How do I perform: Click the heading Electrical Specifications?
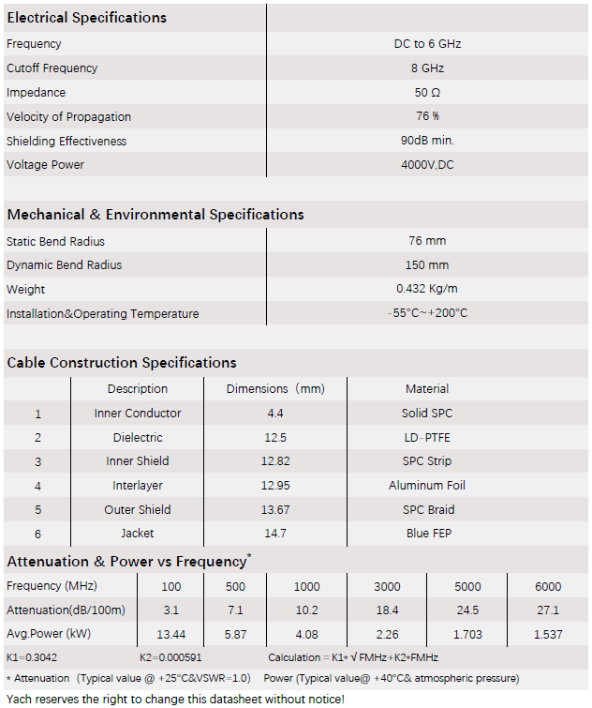point(86,18)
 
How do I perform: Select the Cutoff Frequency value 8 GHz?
point(427,68)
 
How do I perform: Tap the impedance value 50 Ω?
point(427,93)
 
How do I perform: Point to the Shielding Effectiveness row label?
point(67,141)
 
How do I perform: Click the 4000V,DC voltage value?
point(427,165)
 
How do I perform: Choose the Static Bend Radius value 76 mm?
point(427,241)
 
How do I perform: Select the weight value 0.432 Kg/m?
point(427,289)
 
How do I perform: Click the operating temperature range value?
point(427,313)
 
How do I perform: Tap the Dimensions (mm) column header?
point(275,388)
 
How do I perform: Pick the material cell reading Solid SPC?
point(427,413)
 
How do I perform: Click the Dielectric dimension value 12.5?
point(275,437)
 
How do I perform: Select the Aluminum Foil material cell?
point(427,486)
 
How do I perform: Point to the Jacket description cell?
point(138,534)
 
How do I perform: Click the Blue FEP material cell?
point(427,534)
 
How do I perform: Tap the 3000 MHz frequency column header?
point(387,587)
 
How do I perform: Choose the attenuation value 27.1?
point(548,610)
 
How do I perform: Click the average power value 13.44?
point(170,635)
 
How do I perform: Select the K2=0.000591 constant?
point(171,657)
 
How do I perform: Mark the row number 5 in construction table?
point(37,510)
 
